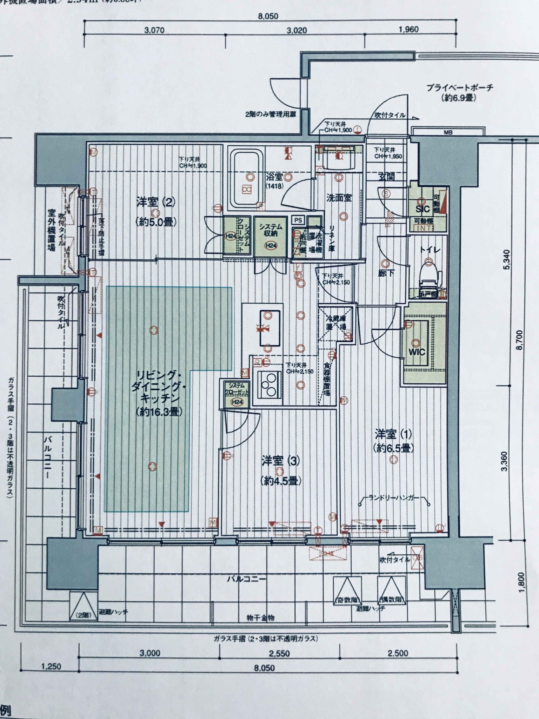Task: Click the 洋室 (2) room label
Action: point(155,203)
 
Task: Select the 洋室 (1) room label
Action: point(393,434)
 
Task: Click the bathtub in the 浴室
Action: point(247,179)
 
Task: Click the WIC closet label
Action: point(416,352)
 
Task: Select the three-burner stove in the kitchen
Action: point(270,385)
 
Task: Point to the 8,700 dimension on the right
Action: point(519,339)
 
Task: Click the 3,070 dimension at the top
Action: point(154,31)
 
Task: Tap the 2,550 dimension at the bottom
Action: point(279,653)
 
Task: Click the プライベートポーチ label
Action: point(459,88)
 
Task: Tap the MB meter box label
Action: point(448,132)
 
